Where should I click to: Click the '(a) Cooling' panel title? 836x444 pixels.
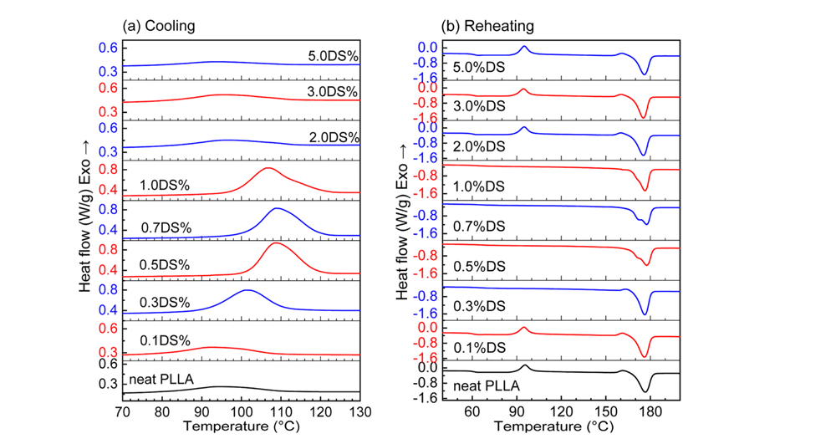click(159, 26)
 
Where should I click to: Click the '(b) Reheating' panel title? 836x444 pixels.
click(489, 26)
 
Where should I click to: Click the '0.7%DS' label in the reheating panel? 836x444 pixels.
click(477, 227)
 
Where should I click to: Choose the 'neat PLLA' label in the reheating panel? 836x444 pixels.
click(486, 386)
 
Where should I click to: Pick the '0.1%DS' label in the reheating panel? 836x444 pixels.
click(477, 346)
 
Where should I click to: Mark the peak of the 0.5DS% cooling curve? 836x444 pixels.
click(276, 243)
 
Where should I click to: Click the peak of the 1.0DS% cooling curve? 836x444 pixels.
click(267, 168)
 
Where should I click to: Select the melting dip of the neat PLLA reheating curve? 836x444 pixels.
click(645, 390)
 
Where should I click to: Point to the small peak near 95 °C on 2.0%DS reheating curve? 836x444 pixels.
click(523, 128)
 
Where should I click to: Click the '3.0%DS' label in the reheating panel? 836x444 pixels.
click(477, 106)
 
